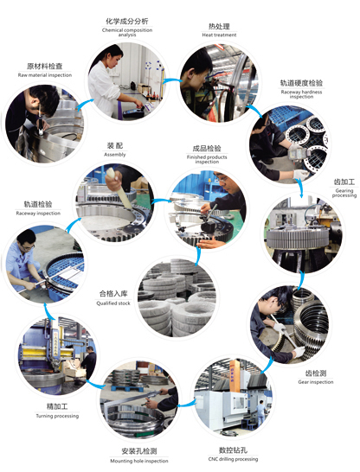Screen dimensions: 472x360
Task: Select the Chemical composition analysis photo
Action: click(128, 82)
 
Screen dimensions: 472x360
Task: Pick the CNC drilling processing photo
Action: click(229, 397)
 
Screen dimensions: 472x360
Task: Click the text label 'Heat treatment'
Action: click(219, 36)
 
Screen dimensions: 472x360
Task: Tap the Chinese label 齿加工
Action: click(319, 184)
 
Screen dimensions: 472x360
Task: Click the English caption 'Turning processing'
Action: click(55, 416)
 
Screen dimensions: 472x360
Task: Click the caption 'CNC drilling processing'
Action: click(233, 460)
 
